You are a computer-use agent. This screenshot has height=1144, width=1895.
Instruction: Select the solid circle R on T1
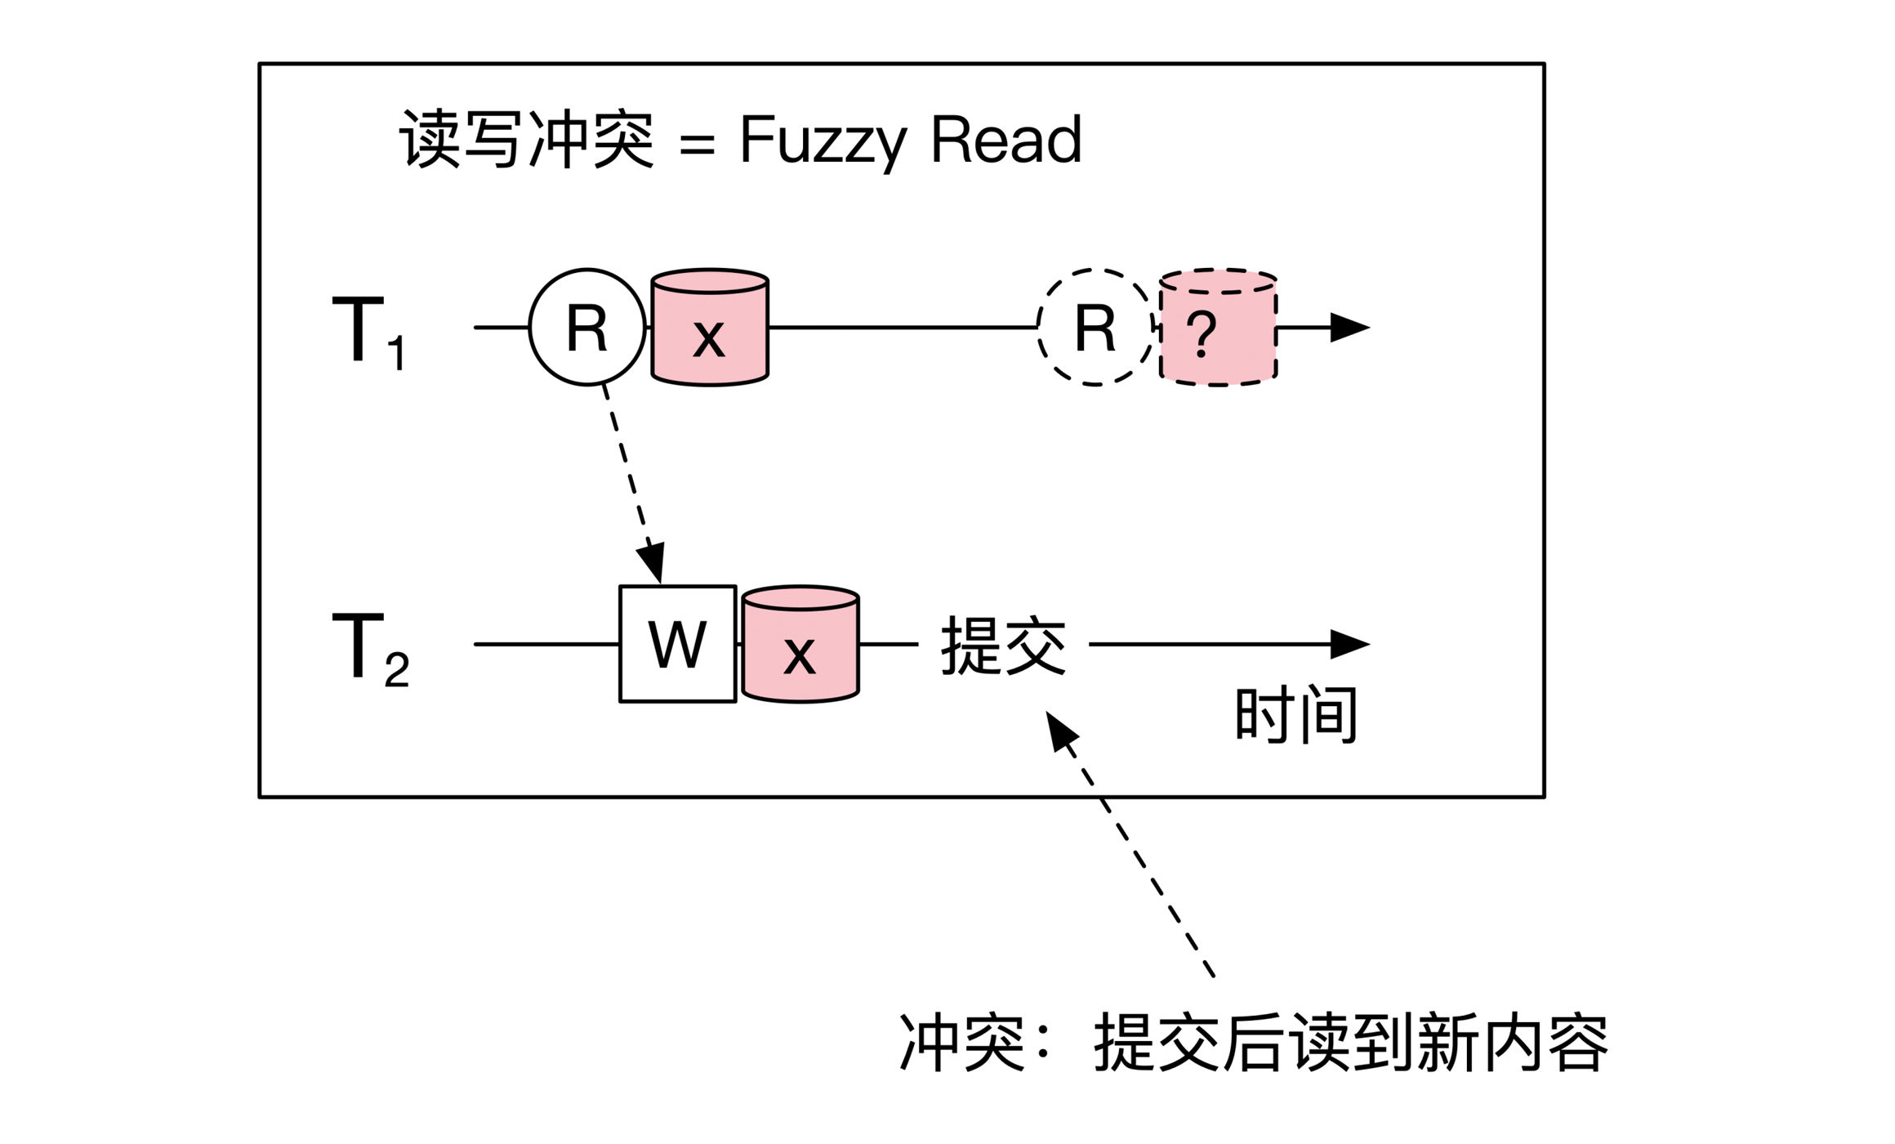point(587,327)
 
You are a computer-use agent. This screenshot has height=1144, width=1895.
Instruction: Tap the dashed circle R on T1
point(1095,327)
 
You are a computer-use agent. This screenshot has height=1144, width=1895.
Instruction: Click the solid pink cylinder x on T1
point(710,327)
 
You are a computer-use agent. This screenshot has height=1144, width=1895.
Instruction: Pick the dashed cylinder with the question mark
point(1219,327)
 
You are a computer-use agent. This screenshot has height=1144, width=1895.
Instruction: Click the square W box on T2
point(678,644)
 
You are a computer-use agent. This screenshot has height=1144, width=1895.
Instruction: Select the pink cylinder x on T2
point(800,644)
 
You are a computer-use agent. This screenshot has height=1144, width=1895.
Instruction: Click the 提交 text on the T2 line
point(1004,646)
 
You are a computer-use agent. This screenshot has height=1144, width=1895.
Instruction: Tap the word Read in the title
point(1006,139)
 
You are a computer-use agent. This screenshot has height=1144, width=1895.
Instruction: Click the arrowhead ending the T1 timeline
point(1350,327)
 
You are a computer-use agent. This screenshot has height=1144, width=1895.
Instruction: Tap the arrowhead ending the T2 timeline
point(1350,644)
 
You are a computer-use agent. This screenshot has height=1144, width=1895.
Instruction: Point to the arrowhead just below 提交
point(1061,730)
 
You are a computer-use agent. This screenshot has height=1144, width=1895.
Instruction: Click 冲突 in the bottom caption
point(962,1042)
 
